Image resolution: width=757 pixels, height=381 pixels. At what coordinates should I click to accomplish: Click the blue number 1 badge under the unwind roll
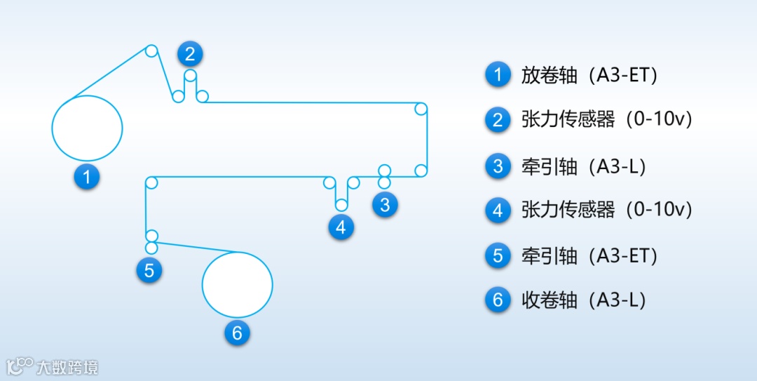pos(87,176)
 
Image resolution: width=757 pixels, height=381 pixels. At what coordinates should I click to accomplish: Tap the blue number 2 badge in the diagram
pos(190,53)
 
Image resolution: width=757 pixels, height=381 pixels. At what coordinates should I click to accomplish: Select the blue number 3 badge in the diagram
pos(385,206)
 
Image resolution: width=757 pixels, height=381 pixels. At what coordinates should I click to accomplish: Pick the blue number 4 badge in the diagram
pos(341,227)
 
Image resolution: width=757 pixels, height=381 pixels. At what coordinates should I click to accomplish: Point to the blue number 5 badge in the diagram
pos(149,270)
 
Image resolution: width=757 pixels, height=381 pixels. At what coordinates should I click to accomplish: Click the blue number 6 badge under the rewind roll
pos(237,333)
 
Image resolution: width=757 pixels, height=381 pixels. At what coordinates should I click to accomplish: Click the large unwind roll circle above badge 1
pos(88,127)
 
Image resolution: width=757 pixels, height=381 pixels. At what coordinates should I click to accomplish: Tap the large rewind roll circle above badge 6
pos(237,284)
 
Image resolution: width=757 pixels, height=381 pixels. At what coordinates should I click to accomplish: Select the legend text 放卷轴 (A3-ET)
pos(589,75)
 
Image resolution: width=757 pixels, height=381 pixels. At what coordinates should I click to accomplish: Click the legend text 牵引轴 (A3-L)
pos(583,166)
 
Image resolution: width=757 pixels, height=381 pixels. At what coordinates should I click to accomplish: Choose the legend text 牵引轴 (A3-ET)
pos(589,255)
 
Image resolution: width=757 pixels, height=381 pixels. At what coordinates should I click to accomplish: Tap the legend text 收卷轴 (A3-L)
pos(583,300)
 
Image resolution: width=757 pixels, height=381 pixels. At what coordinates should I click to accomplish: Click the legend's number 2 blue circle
pos(498,120)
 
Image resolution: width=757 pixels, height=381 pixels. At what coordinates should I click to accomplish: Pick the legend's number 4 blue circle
pos(498,210)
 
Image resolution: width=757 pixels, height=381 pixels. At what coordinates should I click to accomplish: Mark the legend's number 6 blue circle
pos(498,300)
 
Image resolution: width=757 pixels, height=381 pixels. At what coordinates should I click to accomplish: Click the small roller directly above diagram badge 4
pos(341,205)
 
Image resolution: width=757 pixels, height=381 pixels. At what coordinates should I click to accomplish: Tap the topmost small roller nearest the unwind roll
pos(151,51)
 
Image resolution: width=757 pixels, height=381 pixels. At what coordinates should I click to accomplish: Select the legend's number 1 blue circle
pos(498,75)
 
